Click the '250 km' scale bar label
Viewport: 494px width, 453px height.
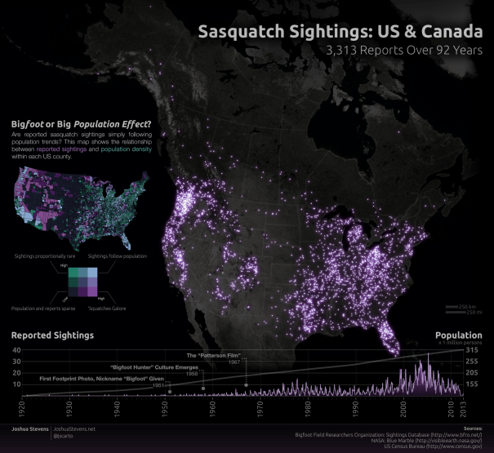[468, 307]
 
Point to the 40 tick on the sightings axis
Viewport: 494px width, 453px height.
[16, 350]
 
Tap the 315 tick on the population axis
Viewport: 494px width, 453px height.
[472, 350]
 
